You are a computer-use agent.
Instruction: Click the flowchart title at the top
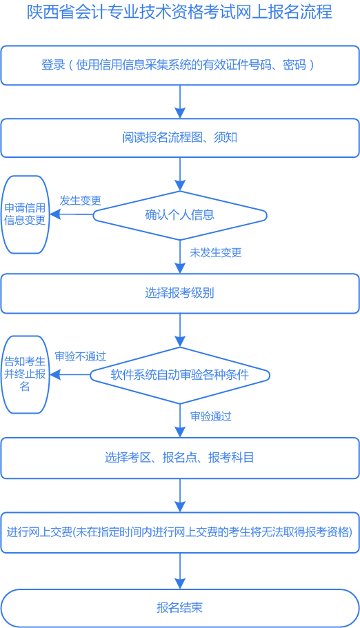[x=179, y=12]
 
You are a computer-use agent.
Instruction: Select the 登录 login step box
[x=179, y=65]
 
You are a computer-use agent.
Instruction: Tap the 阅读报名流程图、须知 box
[x=179, y=137]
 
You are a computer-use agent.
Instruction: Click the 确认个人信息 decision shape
[x=179, y=214]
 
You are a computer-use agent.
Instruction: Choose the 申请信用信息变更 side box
[x=25, y=214]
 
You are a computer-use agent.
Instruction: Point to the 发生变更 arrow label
[x=80, y=201]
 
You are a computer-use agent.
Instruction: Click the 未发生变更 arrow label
[x=216, y=252]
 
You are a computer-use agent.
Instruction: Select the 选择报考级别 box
[x=179, y=293]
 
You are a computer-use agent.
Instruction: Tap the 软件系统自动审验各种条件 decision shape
[x=179, y=375]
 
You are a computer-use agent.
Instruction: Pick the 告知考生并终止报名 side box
[x=25, y=374]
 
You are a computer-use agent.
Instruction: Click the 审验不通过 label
[x=80, y=356]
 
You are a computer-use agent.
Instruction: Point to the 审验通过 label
[x=210, y=416]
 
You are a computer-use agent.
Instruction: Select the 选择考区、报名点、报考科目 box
[x=179, y=457]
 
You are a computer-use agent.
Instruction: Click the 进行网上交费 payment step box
[x=179, y=532]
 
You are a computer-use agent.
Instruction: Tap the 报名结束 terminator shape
[x=179, y=607]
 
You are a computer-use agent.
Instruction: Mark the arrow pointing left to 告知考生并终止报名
[x=70, y=375]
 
